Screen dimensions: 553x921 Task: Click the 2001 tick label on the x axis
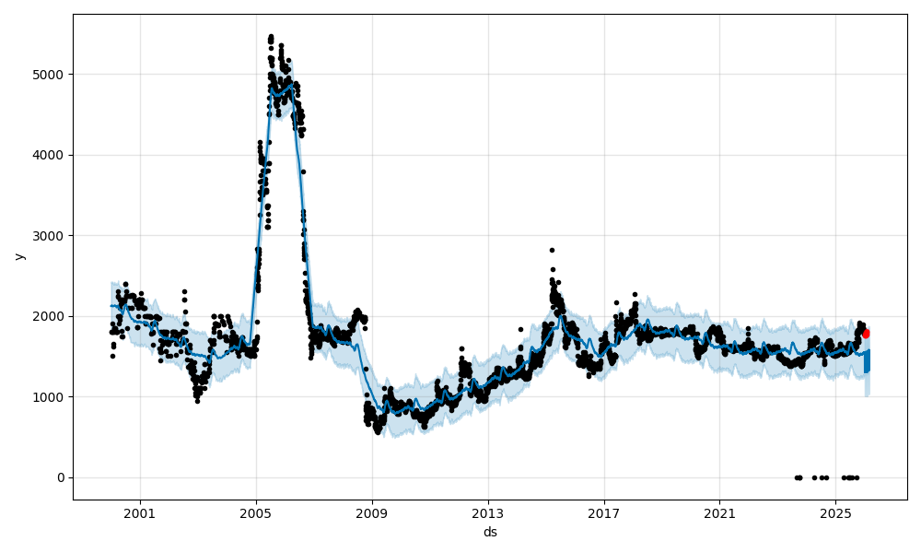140,514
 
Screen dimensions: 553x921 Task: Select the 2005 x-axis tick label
256,514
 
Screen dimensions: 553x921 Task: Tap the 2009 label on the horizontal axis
372,514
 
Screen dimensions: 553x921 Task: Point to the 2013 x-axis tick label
488,514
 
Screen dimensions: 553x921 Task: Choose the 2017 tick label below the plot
604,514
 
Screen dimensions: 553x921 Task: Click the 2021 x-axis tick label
719,514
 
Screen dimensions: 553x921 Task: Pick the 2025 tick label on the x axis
835,514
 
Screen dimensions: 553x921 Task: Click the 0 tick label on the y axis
61,477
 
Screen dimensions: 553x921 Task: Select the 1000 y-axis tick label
51,397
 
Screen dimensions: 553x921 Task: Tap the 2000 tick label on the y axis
51,316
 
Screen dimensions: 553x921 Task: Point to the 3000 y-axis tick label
51,236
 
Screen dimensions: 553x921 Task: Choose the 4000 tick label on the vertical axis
51,155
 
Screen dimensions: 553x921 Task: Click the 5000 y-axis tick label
51,75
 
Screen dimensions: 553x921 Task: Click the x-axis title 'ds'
490,532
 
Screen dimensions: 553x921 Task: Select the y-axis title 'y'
18,256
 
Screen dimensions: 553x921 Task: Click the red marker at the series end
866,334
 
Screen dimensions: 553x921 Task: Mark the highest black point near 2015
552,250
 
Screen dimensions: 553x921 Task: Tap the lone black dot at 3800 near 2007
303,171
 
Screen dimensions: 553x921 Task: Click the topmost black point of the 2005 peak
271,36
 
